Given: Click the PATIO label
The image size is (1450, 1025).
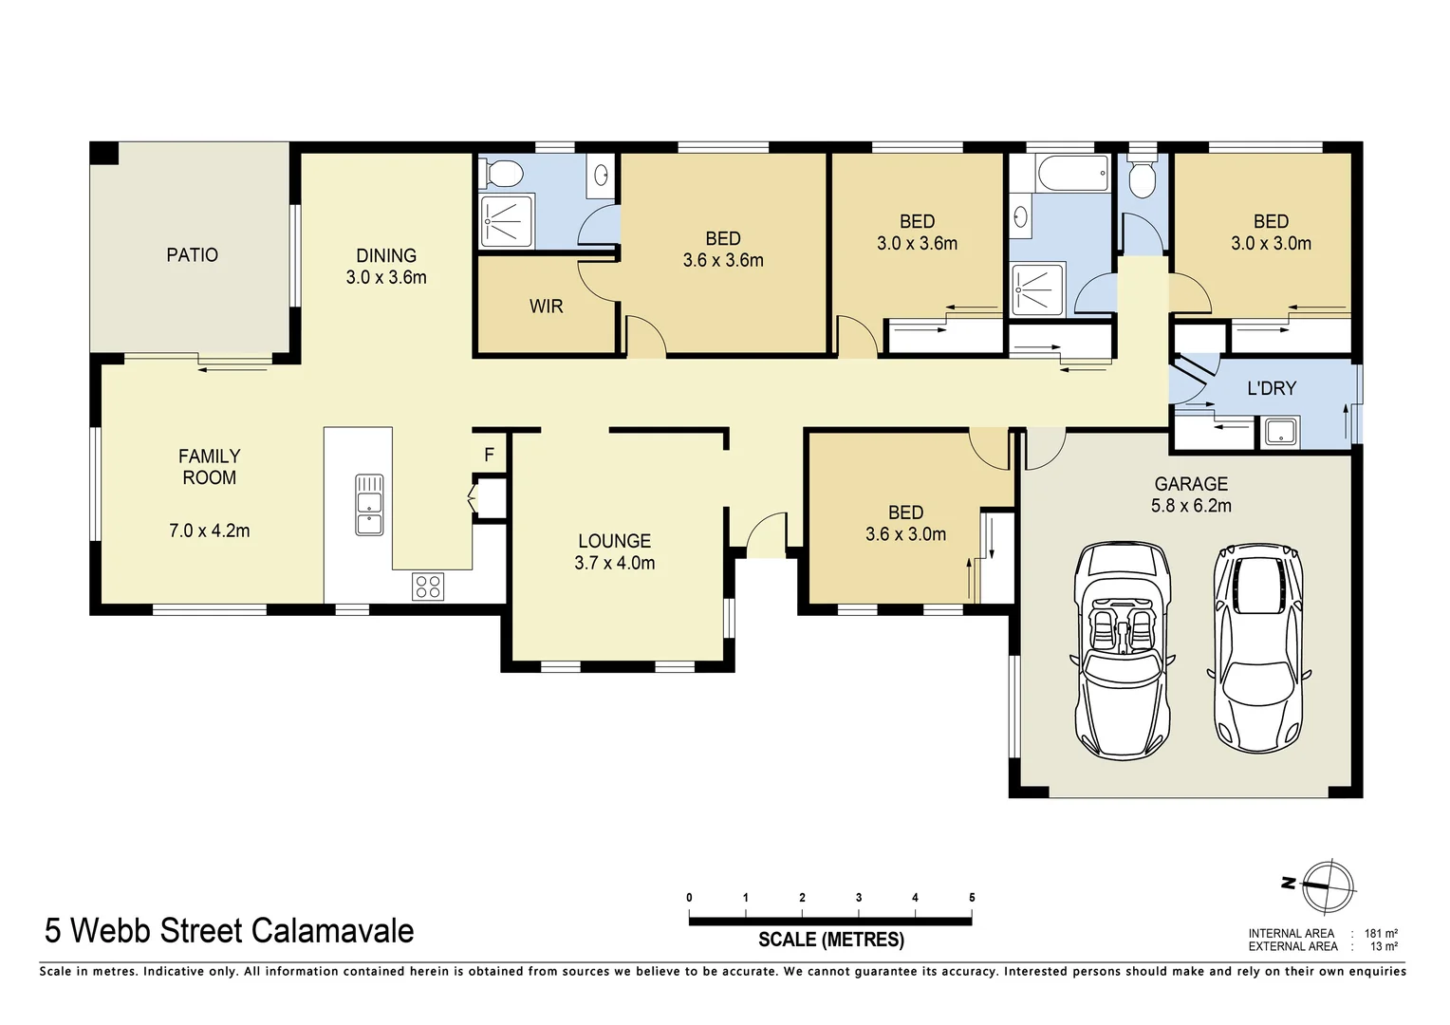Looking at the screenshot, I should click(192, 254).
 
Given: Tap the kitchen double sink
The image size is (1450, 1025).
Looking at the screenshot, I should click(369, 504).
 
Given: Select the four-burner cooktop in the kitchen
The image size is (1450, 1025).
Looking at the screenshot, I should click(428, 587).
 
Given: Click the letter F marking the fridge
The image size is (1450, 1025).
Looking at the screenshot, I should click(490, 455).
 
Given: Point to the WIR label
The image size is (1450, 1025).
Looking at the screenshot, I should click(546, 306).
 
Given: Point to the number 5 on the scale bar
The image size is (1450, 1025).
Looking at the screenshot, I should click(972, 897).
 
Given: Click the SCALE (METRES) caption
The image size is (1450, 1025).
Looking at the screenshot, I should click(830, 940).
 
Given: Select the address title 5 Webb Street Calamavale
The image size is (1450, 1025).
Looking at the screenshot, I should click(230, 930).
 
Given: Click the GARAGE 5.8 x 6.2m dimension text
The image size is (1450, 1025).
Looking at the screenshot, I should click(1191, 505).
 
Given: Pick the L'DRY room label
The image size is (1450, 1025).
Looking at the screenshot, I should click(1271, 387).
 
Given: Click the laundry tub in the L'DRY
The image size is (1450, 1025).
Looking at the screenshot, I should click(1280, 433).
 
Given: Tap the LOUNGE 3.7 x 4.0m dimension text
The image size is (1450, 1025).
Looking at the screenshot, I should click(614, 562).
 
